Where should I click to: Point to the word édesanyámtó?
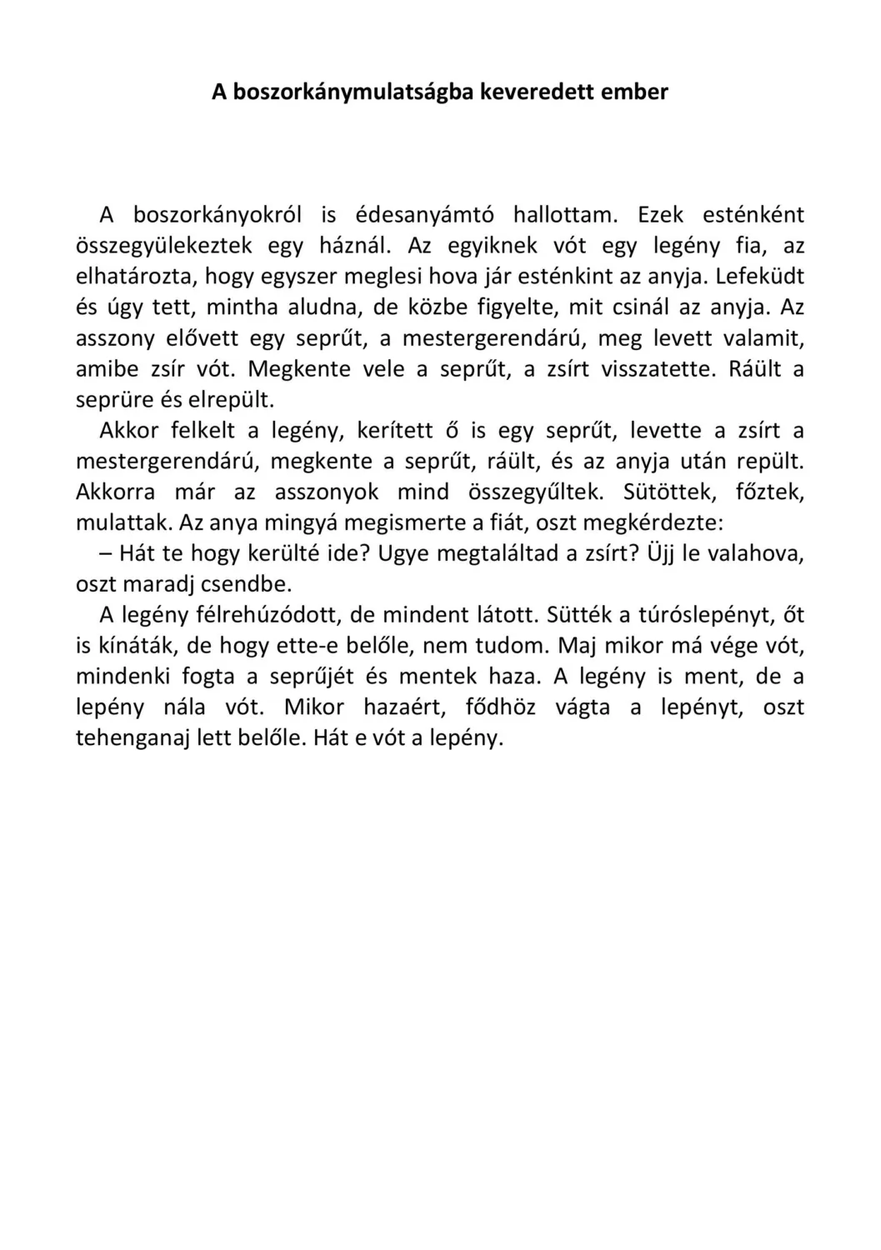pyautogui.click(x=424, y=215)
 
